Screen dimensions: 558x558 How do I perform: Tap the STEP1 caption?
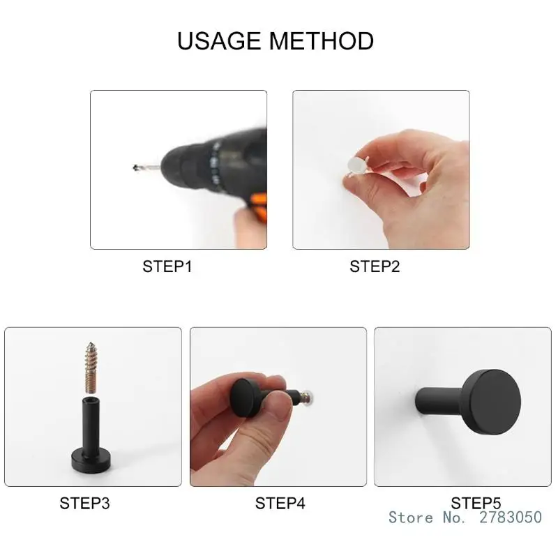pyautogui.click(x=167, y=266)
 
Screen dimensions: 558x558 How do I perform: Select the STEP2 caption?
pyautogui.click(x=375, y=266)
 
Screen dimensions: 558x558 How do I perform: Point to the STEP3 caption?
pyautogui.click(x=84, y=502)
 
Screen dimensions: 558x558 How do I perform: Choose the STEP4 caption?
pyautogui.click(x=280, y=502)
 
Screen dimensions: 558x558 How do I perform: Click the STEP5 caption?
pyautogui.click(x=476, y=502)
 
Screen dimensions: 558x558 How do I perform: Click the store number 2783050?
pyautogui.click(x=511, y=517)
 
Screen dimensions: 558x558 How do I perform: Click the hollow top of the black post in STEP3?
pyautogui.click(x=89, y=400)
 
